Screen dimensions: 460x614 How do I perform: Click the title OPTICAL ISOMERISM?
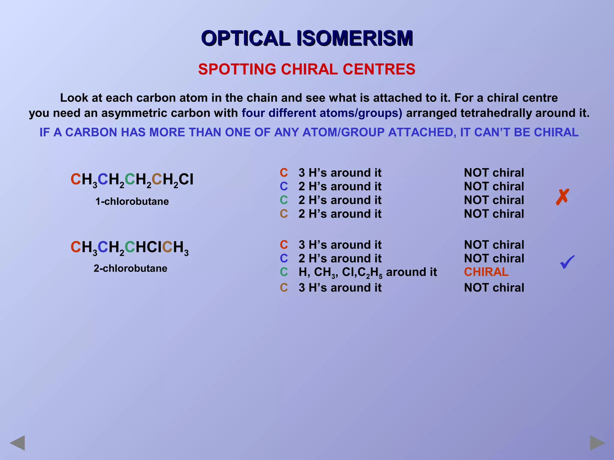tap(307, 38)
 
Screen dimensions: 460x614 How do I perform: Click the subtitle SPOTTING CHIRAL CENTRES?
tap(307, 69)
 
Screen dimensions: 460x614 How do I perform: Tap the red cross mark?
tap(562, 197)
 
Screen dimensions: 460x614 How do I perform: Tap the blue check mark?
tap(567, 262)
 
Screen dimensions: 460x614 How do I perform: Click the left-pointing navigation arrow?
tap(17, 443)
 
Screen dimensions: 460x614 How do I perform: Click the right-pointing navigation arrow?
tap(597, 443)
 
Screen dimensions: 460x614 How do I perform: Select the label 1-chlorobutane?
tap(132, 201)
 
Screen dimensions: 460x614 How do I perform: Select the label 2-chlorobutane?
tap(130, 268)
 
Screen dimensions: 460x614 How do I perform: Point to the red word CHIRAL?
tap(486, 272)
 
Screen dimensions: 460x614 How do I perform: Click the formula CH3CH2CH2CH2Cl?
tap(132, 180)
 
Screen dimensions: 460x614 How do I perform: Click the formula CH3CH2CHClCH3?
tap(130, 248)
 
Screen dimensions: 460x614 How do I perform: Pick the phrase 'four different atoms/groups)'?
tap(322, 113)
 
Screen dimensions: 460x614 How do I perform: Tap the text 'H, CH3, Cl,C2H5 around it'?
tap(368, 272)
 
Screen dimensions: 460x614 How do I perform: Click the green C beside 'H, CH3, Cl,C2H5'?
tap(284, 272)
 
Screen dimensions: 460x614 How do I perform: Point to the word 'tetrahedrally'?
tap(496, 113)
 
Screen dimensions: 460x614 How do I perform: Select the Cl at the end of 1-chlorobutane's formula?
tap(186, 179)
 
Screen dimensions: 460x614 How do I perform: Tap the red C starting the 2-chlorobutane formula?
tap(76, 247)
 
